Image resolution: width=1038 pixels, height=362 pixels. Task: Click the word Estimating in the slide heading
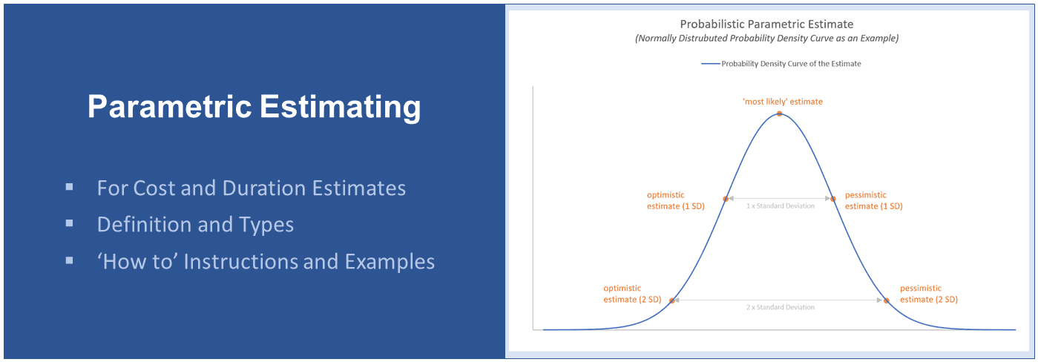[340, 107]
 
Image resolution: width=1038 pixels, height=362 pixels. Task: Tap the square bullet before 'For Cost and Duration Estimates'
[69, 187]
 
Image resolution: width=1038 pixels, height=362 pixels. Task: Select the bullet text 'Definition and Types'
[195, 225]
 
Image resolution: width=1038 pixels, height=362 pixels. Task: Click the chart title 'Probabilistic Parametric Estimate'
[766, 24]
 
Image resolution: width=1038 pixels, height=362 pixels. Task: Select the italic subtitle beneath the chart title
[766, 39]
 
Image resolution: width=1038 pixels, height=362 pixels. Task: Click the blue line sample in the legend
[710, 64]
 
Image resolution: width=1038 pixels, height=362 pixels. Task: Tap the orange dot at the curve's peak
[779, 114]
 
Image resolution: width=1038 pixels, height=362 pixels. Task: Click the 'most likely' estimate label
[782, 102]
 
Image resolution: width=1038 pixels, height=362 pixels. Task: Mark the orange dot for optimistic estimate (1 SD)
[726, 199]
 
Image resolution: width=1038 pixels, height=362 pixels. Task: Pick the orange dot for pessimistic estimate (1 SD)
[832, 199]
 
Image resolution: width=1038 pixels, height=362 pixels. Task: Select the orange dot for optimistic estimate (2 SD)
[671, 300]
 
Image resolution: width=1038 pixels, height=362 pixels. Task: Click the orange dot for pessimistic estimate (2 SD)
[886, 300]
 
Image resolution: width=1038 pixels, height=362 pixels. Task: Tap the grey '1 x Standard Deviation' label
[780, 206]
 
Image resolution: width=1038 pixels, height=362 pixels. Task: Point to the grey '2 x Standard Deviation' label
[780, 307]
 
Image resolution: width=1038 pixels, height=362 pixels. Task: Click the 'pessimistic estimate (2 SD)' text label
[928, 294]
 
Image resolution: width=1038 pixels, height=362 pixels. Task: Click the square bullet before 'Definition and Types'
[69, 224]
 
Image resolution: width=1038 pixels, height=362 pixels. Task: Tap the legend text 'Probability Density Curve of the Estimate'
[791, 64]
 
